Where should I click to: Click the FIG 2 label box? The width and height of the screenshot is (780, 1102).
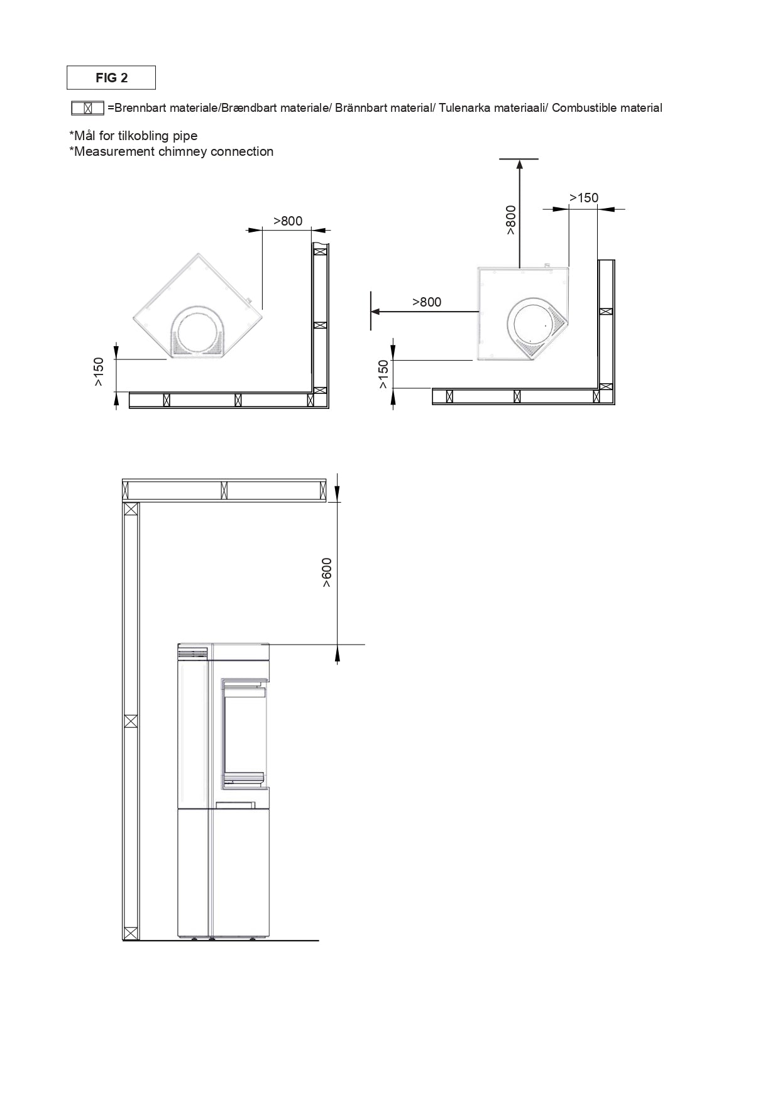(111, 78)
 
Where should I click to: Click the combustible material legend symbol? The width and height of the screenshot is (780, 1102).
(87, 108)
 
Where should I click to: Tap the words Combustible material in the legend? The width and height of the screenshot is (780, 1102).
(607, 108)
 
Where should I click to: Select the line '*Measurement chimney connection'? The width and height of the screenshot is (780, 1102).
(171, 151)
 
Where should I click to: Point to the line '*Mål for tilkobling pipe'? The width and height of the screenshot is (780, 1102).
(133, 136)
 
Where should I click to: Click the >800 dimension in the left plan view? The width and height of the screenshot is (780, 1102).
(288, 221)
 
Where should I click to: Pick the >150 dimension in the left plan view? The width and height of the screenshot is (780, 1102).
(99, 371)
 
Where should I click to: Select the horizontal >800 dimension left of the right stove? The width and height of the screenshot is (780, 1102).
(427, 302)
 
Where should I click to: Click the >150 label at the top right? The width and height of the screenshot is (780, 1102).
(584, 198)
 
